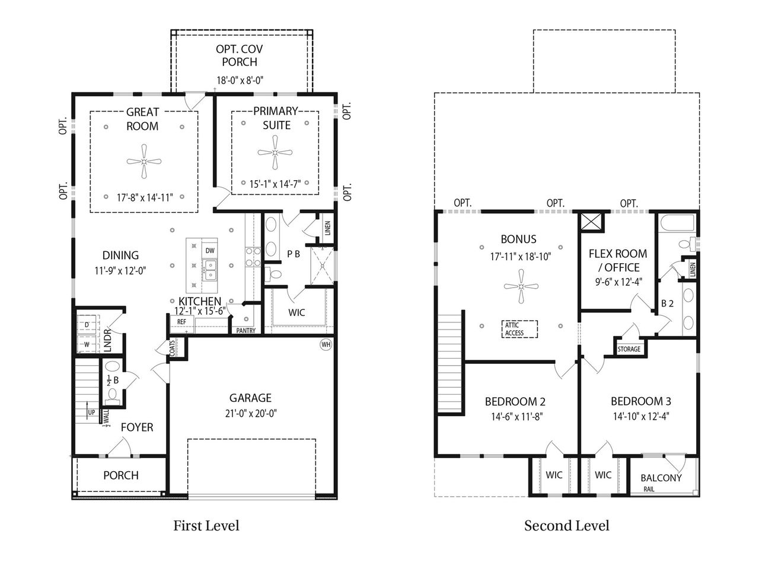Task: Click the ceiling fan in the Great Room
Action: coord(144,161)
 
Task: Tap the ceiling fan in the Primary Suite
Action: coord(275,152)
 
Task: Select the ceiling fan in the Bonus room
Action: coord(521,286)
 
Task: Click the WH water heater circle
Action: coord(326,344)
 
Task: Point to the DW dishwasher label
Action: coord(210,251)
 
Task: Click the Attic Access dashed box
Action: coord(519,329)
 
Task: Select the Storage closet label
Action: coord(629,349)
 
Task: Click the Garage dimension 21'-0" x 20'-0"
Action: coord(251,413)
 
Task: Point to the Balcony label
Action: coord(661,478)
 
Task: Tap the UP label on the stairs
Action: coord(91,412)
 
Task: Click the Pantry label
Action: coord(246,331)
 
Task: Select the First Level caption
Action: coord(206,526)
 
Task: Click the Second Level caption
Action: coord(566,526)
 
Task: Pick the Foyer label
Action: coord(137,427)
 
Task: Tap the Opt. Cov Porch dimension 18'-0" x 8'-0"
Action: coord(240,81)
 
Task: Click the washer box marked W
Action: coord(87,344)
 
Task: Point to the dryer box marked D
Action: coord(87,325)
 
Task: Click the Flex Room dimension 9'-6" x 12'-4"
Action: coord(618,282)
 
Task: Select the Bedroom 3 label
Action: coord(641,401)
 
